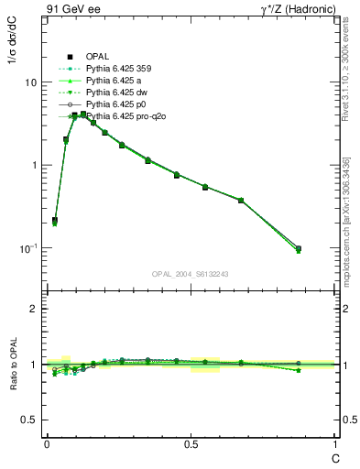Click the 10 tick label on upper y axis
[30, 82]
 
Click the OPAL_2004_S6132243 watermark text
[191, 273]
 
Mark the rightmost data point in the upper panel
[298, 248]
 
